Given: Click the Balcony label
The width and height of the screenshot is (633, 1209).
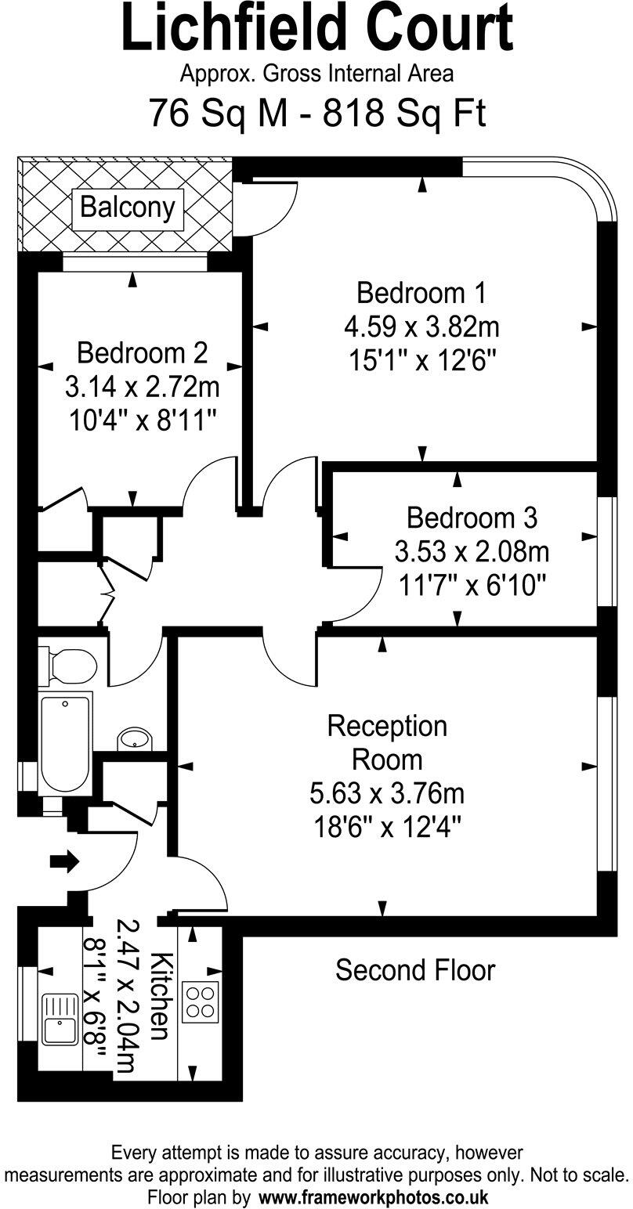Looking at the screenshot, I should point(127,208).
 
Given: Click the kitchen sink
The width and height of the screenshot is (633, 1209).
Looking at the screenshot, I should point(62,1018).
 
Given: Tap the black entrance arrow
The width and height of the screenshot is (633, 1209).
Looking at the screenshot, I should point(65,862).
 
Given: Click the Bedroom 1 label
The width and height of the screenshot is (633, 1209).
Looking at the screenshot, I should point(421,293).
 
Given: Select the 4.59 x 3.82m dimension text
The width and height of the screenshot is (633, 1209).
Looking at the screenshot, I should point(421,326).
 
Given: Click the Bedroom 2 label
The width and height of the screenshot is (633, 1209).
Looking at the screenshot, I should point(142,353).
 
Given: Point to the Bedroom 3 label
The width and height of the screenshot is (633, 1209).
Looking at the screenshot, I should point(472,518).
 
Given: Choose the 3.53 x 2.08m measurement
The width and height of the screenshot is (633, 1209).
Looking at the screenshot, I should point(472,552).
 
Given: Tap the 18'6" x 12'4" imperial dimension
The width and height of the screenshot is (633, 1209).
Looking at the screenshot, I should point(387,827).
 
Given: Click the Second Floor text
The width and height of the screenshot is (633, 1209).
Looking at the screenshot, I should point(415,970).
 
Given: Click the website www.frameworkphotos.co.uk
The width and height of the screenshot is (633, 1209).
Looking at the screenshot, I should point(373,1197).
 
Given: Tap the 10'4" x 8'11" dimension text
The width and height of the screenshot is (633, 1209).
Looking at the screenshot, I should point(142,420).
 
